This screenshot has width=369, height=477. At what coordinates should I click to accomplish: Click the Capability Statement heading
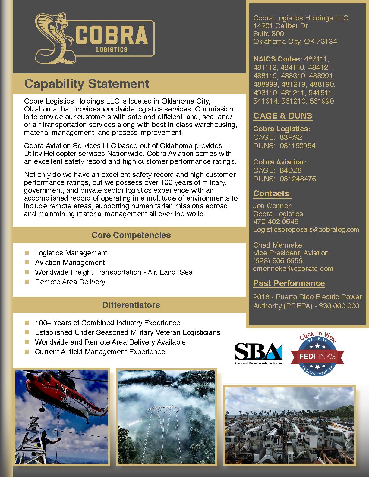[x=87, y=84]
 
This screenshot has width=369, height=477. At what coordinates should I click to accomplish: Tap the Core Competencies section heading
[x=131, y=235]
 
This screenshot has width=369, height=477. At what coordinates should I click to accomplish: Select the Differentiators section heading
[x=131, y=305]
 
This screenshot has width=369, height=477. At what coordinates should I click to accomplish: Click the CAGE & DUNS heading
[x=282, y=116]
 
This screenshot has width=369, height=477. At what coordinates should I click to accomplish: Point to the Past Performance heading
[x=289, y=283]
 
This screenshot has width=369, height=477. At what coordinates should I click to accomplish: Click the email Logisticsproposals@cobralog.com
[x=306, y=229]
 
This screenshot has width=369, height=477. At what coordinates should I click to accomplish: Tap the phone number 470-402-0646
[x=276, y=222]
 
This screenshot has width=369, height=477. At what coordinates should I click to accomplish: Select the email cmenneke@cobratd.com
[x=293, y=269]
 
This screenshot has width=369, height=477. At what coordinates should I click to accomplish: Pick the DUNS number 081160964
[x=298, y=146]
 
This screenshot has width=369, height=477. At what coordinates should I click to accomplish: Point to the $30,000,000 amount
[x=339, y=306]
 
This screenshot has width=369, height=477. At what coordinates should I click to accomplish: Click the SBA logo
[x=258, y=354]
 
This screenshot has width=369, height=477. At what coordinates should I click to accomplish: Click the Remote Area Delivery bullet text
[x=70, y=282]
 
